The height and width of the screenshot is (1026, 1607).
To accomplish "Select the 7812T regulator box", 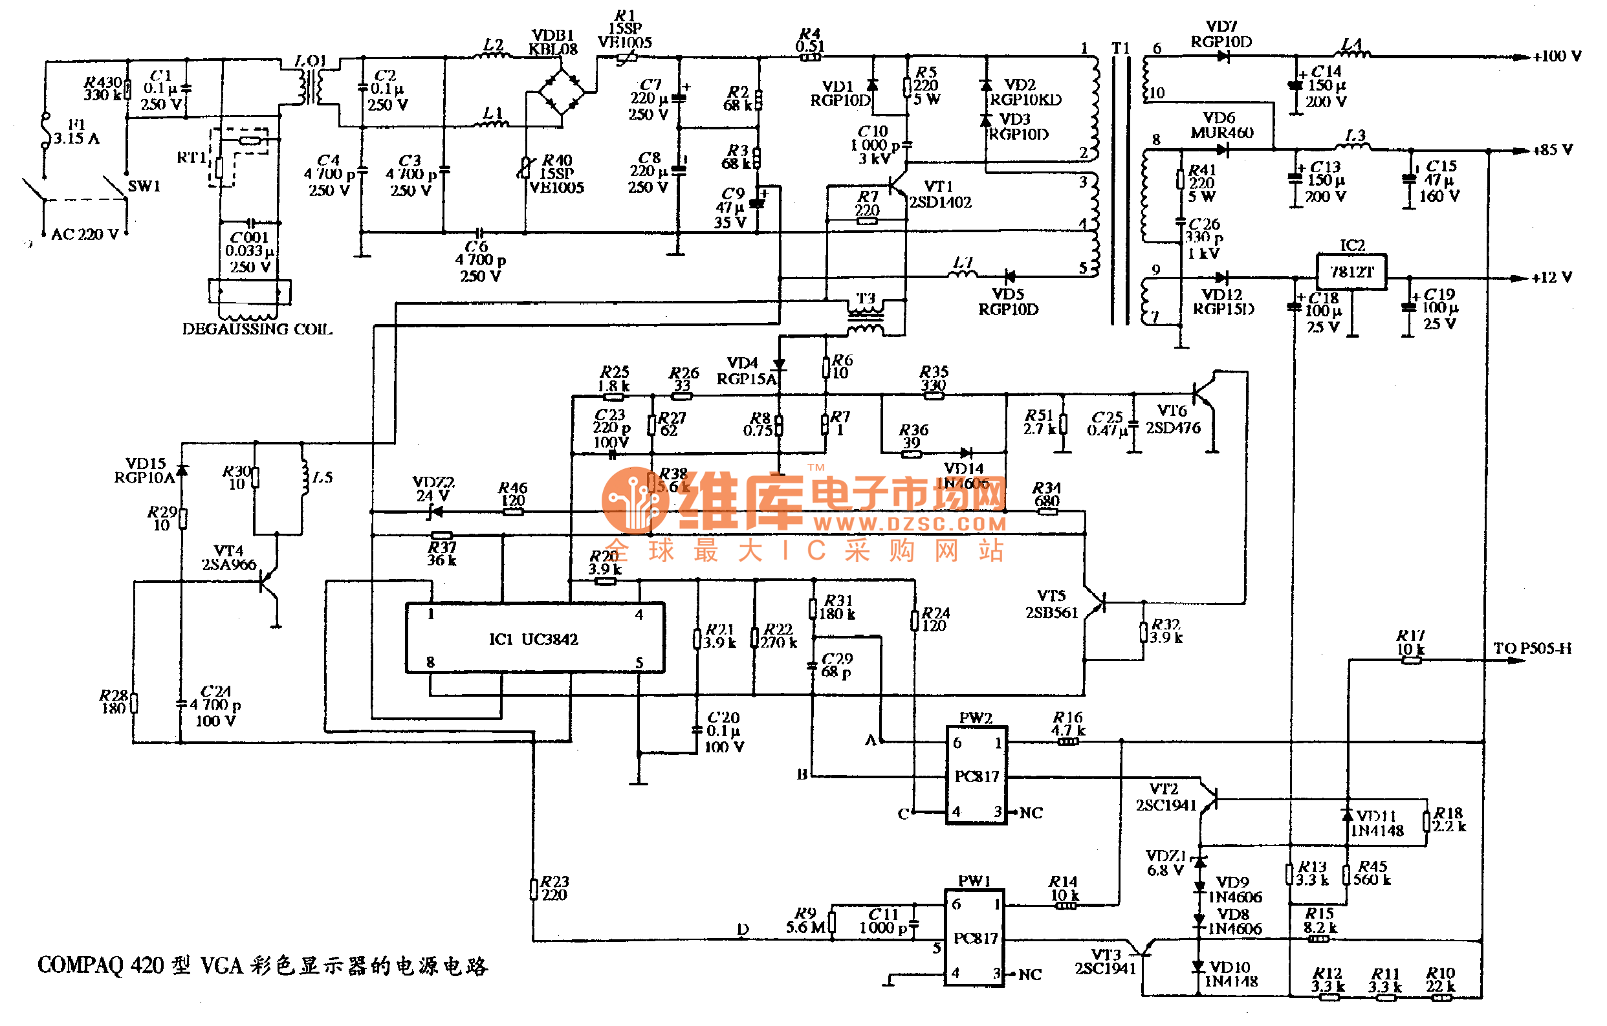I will coord(1352,272).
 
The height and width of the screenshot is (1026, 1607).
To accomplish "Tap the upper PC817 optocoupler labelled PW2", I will coord(976,776).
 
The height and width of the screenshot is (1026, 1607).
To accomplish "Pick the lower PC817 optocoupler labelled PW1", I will coord(975,937).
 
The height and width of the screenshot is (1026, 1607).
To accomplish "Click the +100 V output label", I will coord(1557,57).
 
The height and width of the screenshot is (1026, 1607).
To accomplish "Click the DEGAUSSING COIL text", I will coord(257,329).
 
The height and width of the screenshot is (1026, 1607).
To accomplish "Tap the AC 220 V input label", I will coord(85,235).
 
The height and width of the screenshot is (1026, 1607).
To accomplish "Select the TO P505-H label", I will coord(1532,649).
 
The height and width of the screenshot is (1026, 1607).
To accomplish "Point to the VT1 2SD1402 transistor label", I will coord(940,194).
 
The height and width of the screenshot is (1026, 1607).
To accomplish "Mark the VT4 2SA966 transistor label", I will coord(229,558).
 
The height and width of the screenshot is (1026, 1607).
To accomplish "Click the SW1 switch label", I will coord(144,186).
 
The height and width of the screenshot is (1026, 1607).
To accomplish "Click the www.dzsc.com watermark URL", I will coord(910,524).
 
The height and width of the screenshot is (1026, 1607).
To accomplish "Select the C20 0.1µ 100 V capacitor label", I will coord(724,732).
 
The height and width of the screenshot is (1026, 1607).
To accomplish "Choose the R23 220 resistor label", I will coord(554,888).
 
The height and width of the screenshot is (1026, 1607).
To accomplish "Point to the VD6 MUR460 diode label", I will coord(1221,126).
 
